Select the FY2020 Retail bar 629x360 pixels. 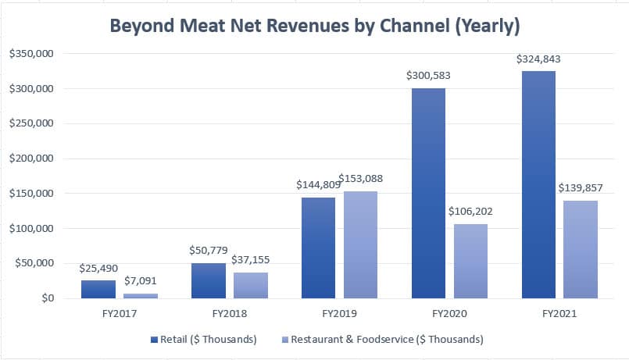click(x=428, y=194)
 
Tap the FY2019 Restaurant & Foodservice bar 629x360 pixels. click(x=360, y=245)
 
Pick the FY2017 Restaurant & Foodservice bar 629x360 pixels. click(x=141, y=295)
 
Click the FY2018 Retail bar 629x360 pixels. click(x=208, y=280)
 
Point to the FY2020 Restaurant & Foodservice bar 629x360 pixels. click(x=470, y=262)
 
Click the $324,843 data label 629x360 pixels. click(x=538, y=59)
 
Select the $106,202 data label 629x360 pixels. click(x=470, y=212)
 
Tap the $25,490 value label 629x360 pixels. click(x=98, y=269)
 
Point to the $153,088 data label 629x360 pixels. click(x=361, y=179)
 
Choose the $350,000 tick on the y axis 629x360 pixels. click(x=30, y=54)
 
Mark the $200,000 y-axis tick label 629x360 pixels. click(x=30, y=159)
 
